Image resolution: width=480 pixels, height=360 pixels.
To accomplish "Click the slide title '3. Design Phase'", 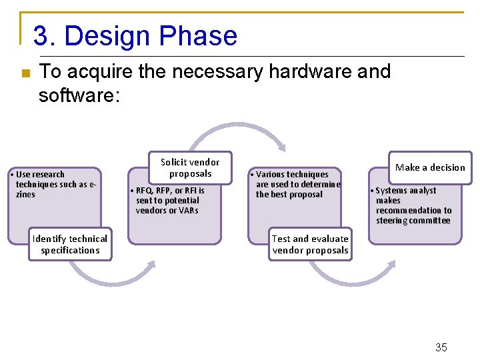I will point(135,36).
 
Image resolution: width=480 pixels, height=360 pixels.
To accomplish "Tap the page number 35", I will point(441,347).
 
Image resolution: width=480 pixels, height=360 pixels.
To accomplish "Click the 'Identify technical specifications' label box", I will point(70,245).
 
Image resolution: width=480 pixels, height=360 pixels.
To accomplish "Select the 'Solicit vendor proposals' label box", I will point(190,168).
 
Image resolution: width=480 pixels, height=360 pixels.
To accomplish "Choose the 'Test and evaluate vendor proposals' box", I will point(310,245).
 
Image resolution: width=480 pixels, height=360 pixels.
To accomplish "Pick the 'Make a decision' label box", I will point(430,168).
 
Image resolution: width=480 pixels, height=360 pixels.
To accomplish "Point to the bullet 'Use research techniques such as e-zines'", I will point(53,184).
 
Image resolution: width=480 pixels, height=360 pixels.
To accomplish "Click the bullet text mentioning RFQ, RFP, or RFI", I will point(170,200).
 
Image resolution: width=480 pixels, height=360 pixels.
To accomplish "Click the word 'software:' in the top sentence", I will point(79,95).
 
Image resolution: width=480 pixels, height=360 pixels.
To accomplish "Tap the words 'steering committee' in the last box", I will point(413,221).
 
